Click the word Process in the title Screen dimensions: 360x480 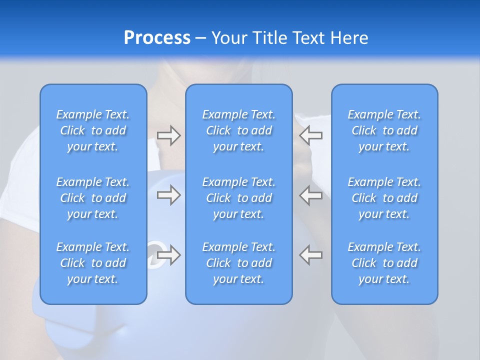pos(157,38)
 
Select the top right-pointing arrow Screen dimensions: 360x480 pos(169,135)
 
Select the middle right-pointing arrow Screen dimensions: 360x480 pos(169,195)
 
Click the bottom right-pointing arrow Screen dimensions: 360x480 pos(169,255)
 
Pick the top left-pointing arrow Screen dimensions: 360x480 pos(310,135)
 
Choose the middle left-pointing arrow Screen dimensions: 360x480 pos(310,195)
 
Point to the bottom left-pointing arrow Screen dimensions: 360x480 pos(310,255)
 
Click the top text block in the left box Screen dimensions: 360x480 pos(93,130)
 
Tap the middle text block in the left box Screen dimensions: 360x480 pos(93,198)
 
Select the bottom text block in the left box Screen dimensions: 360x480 pos(93,263)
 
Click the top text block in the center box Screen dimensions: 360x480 pos(238,130)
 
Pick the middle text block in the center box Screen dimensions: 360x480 pos(238,198)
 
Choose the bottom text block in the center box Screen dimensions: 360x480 pos(238,263)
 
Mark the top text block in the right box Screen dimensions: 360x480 pos(384,130)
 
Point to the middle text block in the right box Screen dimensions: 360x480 pos(384,198)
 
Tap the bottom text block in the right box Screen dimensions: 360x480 pos(384,263)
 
